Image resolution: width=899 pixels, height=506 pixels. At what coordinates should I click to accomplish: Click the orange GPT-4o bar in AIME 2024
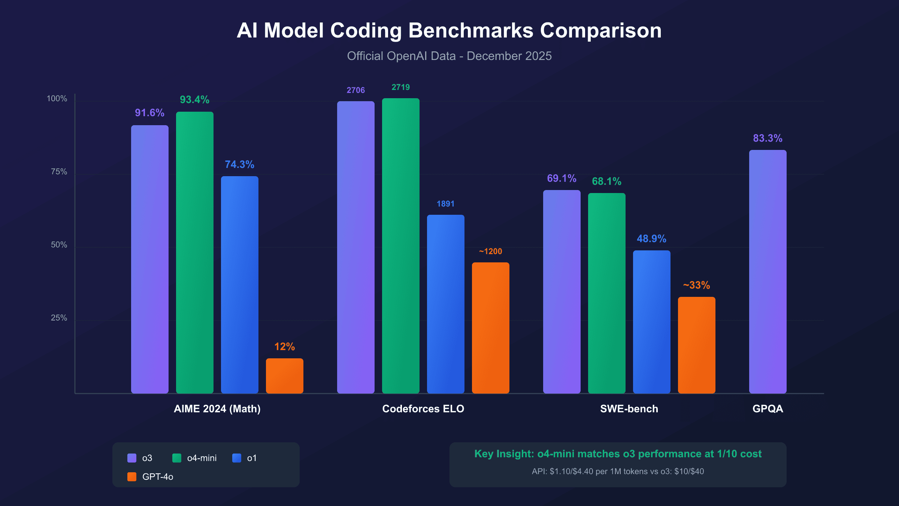285,376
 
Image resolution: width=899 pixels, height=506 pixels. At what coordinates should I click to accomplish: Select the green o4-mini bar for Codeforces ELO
401,246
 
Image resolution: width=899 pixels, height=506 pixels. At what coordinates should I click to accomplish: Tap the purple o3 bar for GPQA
768,272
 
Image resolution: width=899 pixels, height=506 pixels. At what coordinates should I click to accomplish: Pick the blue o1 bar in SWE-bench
652,322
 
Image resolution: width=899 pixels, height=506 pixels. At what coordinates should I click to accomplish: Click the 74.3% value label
239,165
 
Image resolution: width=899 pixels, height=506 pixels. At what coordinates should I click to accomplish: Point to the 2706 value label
355,90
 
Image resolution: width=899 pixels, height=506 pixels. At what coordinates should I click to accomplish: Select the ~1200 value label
490,252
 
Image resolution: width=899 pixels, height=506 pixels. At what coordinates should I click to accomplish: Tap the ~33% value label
696,285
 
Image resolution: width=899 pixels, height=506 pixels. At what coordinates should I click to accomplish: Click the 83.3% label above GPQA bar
768,138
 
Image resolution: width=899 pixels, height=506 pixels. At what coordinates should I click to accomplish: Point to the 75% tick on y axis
59,172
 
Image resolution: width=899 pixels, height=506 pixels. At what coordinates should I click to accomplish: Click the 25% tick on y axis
59,318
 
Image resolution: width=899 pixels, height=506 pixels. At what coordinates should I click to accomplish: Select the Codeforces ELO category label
423,409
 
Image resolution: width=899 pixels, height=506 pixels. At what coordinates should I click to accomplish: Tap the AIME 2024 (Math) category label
217,409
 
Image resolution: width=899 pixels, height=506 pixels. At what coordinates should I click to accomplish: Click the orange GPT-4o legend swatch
132,477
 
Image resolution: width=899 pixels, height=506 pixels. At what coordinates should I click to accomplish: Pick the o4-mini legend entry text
202,458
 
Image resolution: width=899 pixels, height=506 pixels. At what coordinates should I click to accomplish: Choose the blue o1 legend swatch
237,458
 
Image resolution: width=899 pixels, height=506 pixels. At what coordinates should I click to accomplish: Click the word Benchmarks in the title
470,30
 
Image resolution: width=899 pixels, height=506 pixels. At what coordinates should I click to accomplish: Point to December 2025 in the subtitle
509,56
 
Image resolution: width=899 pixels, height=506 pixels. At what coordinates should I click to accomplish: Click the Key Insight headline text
618,454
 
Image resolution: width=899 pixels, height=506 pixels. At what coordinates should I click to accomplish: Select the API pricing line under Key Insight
618,472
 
